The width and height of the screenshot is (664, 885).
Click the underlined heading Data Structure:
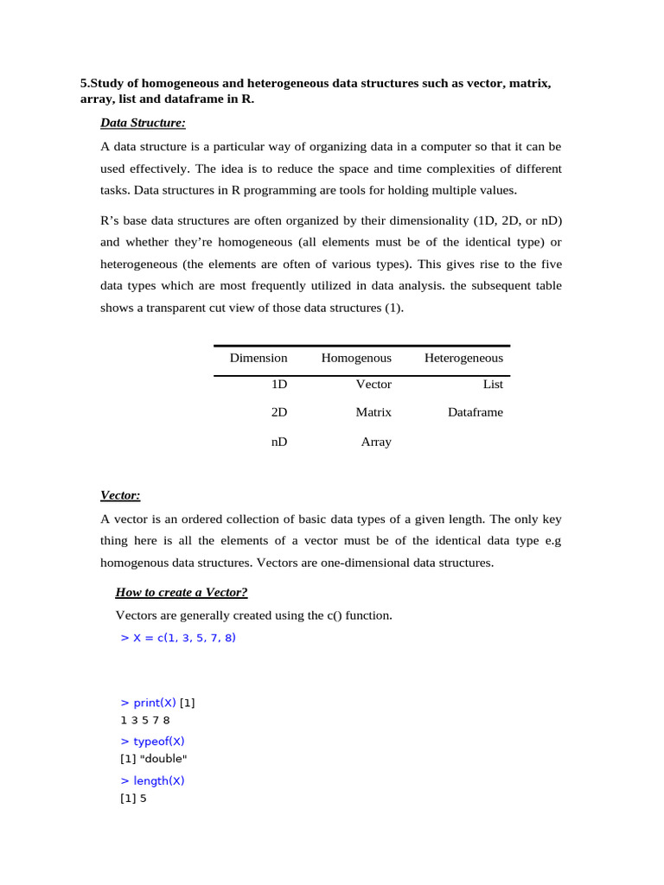click(143, 123)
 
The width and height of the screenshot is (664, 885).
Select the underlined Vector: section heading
click(120, 495)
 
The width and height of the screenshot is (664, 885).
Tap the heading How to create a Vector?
click(182, 592)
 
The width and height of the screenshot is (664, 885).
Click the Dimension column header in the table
click(259, 358)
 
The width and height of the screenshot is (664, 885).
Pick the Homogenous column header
click(356, 358)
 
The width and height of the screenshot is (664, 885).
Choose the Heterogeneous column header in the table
click(463, 358)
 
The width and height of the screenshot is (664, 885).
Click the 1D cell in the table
click(279, 385)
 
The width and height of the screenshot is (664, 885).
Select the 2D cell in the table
click(279, 412)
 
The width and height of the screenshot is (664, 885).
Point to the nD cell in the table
click(278, 442)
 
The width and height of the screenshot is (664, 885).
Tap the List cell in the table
click(493, 385)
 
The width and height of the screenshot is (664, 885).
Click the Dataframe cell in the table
click(475, 412)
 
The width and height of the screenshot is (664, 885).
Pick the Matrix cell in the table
click(373, 412)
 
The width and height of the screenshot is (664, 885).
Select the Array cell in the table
click(376, 442)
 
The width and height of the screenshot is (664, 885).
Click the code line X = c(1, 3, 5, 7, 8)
click(179, 638)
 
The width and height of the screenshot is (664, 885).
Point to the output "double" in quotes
click(163, 759)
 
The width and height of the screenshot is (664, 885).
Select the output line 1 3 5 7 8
click(145, 719)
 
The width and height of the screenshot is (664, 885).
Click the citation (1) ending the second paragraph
click(393, 308)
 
